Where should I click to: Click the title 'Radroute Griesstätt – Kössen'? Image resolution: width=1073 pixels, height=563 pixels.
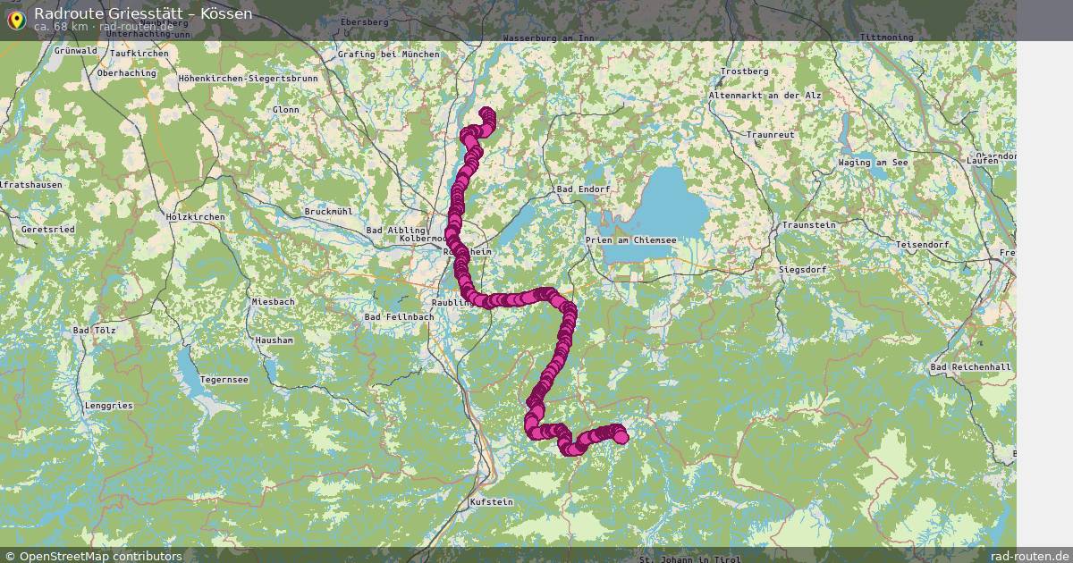coord(143,13)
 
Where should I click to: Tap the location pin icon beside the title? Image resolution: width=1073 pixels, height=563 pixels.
coord(15,20)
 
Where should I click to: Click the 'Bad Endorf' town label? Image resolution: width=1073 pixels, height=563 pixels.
coord(583,189)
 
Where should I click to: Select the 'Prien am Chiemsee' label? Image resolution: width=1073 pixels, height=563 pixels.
coord(630,240)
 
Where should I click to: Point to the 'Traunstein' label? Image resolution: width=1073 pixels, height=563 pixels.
coord(807,225)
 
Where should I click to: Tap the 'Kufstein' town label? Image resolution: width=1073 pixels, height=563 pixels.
coord(491,502)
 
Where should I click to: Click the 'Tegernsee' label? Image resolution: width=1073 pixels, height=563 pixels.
coord(223,380)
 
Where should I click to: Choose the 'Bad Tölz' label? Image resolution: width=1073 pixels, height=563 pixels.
coord(94,331)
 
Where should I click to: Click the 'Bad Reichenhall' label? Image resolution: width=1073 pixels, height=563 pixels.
coord(970,368)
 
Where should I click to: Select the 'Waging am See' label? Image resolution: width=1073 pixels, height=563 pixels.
coord(873,163)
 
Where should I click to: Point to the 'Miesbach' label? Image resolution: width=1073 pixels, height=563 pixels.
coord(273,302)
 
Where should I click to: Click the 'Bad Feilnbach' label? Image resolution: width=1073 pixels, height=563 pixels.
coord(399,317)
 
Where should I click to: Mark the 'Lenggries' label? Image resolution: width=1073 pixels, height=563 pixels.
coord(108,406)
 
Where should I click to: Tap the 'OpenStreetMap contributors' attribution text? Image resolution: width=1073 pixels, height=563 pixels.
coord(100,556)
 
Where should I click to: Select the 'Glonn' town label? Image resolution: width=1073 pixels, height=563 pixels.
coord(286,110)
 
